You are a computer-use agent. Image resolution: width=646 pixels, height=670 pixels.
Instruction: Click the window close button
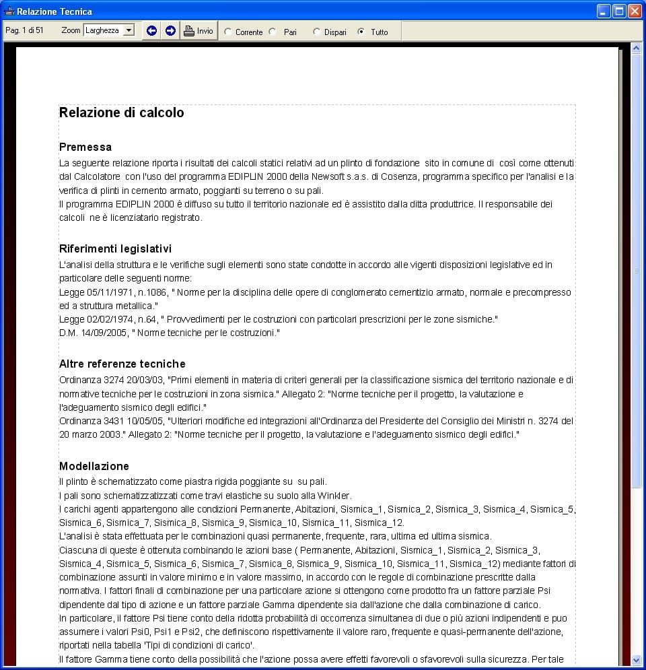pyautogui.click(x=634, y=11)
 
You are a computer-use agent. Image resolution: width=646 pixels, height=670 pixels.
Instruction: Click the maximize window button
pyautogui.click(x=618, y=11)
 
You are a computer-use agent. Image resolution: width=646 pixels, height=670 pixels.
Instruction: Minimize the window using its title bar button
pyautogui.click(x=603, y=11)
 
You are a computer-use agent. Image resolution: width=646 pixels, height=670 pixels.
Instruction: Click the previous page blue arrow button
pyautogui.click(x=152, y=31)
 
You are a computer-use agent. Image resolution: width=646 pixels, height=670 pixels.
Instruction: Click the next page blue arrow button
pyautogui.click(x=170, y=31)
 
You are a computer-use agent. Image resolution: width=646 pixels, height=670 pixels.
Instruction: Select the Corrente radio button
pyautogui.click(x=228, y=32)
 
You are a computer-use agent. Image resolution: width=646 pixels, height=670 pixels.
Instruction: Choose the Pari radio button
pyautogui.click(x=273, y=32)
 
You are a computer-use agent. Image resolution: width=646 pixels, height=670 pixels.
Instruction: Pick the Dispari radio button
pyautogui.click(x=317, y=32)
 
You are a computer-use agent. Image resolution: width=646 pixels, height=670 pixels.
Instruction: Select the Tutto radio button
pyautogui.click(x=361, y=32)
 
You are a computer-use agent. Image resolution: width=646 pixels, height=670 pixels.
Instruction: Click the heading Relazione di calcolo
pyautogui.click(x=122, y=113)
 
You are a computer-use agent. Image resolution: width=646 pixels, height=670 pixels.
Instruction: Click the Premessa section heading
pyautogui.click(x=85, y=147)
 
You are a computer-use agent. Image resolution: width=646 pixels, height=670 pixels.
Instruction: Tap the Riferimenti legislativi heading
pyautogui.click(x=115, y=249)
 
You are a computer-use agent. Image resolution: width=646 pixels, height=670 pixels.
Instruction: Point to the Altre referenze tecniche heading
pyautogui.click(x=122, y=364)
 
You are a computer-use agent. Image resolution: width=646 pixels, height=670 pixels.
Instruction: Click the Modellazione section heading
pyautogui.click(x=94, y=466)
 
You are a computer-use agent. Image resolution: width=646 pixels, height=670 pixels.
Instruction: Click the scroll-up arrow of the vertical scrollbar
pyautogui.click(x=636, y=48)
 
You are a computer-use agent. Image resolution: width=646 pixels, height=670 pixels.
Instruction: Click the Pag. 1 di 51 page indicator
pyautogui.click(x=24, y=30)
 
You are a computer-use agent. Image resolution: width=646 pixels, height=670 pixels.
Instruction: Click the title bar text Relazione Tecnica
pyautogui.click(x=55, y=11)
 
